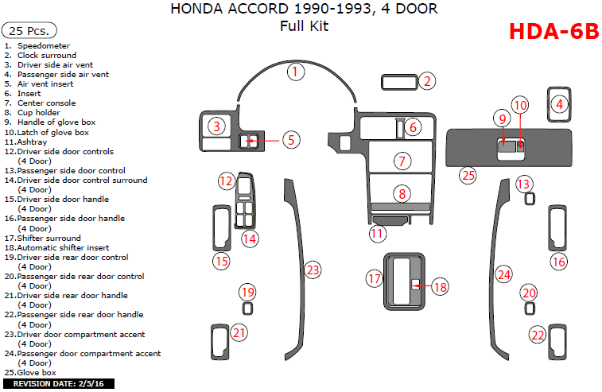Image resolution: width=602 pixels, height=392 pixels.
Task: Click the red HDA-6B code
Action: tap(553, 32)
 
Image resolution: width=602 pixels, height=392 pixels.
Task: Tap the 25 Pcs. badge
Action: tap(29, 30)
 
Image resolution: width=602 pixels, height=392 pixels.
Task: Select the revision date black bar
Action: tap(59, 383)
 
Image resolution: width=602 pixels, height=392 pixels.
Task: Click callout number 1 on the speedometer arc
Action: tap(295, 72)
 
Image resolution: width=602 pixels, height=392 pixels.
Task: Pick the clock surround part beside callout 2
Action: tap(399, 82)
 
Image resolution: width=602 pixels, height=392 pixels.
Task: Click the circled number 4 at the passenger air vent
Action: tap(559, 104)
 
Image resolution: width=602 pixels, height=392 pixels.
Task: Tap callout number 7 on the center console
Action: tap(402, 161)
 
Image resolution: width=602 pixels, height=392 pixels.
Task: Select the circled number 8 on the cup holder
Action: tap(402, 193)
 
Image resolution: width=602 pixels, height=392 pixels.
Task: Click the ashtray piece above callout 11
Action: tap(390, 220)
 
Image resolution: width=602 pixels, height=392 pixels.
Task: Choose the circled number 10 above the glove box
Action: tap(520, 105)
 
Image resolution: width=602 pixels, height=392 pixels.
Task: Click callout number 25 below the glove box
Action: tap(468, 176)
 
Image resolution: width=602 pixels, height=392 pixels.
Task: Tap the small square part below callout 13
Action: tap(530, 199)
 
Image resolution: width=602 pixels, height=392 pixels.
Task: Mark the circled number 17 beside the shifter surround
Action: tap(375, 278)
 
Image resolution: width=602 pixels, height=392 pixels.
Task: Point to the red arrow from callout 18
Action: tap(423, 285)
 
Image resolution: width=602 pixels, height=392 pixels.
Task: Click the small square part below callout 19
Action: tap(247, 309)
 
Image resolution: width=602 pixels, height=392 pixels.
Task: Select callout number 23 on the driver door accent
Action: tap(313, 270)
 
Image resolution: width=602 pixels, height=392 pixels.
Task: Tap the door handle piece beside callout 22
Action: tap(557, 342)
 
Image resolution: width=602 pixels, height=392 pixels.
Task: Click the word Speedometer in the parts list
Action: tap(44, 45)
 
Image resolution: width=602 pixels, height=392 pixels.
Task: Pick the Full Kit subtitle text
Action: tap(304, 26)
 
